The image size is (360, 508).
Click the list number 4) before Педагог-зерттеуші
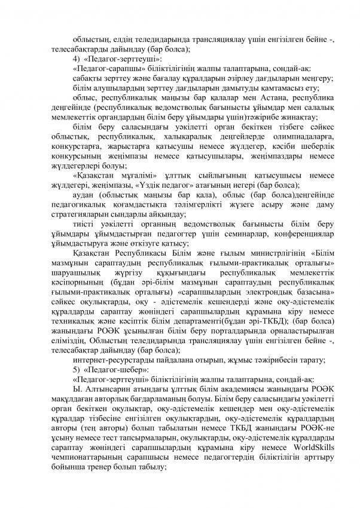[x=75, y=60]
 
